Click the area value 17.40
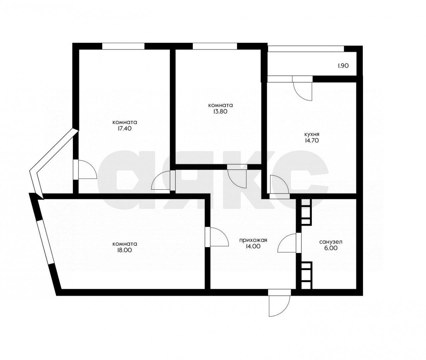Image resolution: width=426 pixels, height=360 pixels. click(x=125, y=129)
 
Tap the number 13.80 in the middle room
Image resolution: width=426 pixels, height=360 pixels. click(x=220, y=112)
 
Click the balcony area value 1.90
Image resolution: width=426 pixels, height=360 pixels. click(x=343, y=66)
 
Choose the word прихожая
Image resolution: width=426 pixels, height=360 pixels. click(x=253, y=240)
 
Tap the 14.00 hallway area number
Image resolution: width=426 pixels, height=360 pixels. click(x=253, y=246)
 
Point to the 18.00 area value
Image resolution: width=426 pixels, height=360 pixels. click(x=125, y=250)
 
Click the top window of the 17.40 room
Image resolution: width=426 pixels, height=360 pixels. click(x=123, y=46)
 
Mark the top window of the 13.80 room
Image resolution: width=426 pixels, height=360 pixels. click(x=215, y=46)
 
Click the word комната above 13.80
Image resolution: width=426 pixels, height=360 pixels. click(x=220, y=105)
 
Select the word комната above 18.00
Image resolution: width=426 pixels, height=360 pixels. click(x=125, y=244)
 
